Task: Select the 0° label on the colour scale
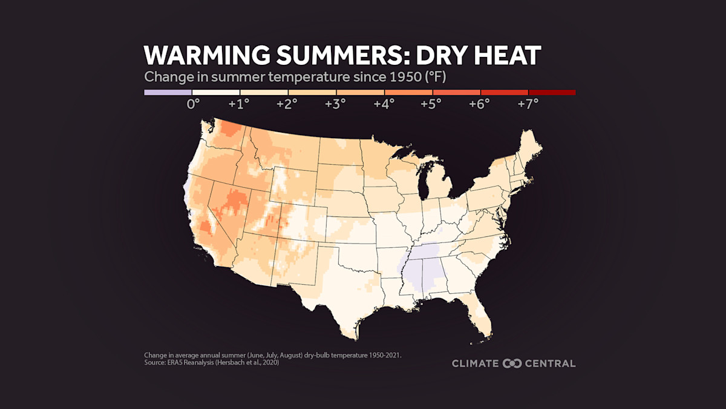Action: [x=193, y=104]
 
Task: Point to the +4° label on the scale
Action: [x=384, y=104]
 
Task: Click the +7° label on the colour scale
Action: [x=527, y=104]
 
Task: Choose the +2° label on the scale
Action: [x=287, y=104]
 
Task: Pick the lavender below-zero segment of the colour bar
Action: [x=168, y=93]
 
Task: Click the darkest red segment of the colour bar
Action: [x=552, y=93]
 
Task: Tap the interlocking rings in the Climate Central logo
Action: [x=512, y=364]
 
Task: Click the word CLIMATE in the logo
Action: [x=476, y=364]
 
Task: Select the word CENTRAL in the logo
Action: [x=550, y=364]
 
